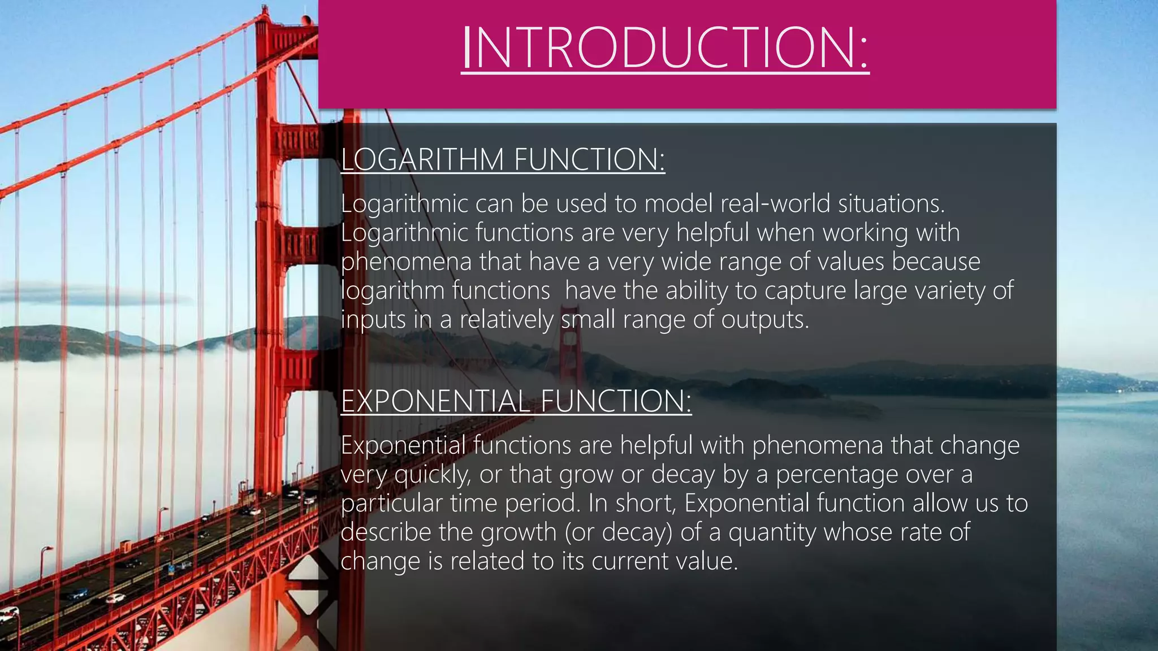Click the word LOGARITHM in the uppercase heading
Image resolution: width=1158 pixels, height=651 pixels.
(x=422, y=159)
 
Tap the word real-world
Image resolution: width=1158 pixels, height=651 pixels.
(x=775, y=203)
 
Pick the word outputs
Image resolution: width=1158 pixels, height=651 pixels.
(x=764, y=320)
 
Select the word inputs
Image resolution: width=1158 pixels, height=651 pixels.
(x=373, y=320)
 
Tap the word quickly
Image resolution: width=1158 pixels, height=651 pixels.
(x=432, y=475)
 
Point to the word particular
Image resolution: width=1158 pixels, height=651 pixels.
(x=391, y=504)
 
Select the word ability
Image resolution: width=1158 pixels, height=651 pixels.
(x=697, y=291)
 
